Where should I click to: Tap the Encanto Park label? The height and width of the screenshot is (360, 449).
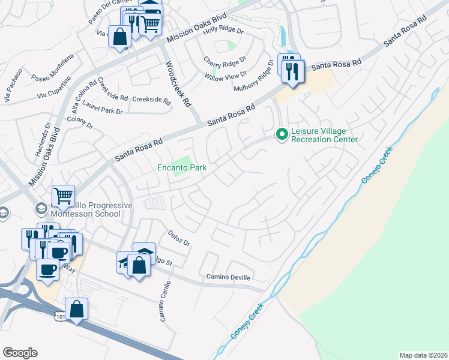click(x=182, y=168)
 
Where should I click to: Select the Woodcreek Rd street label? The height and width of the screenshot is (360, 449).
click(x=178, y=83)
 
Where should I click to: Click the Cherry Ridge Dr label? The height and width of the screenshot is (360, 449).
click(x=225, y=61)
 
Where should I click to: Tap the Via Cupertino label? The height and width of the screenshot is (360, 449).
click(x=54, y=88)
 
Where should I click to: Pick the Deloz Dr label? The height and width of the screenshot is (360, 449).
click(x=179, y=239)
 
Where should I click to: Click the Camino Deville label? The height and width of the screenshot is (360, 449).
click(x=228, y=278)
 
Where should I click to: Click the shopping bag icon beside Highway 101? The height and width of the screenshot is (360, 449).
click(x=77, y=310)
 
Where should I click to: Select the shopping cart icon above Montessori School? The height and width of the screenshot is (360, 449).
click(x=63, y=196)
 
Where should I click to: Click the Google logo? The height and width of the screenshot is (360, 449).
click(x=20, y=353)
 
